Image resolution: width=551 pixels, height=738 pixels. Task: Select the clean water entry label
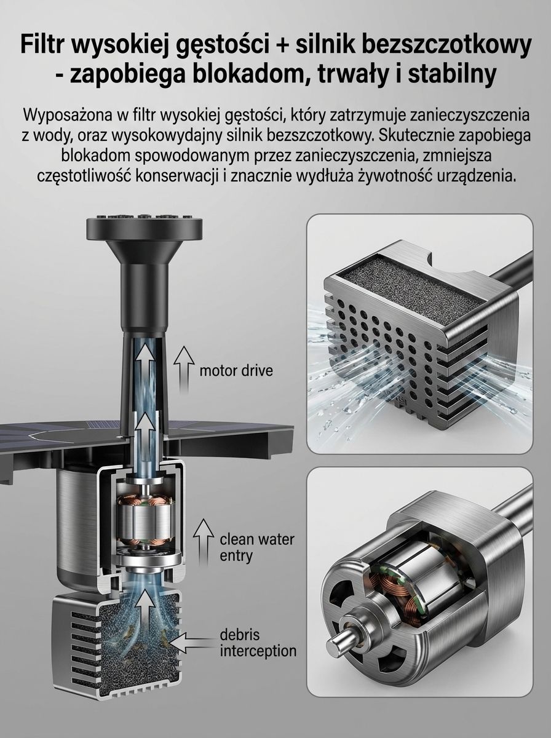point(256,547)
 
